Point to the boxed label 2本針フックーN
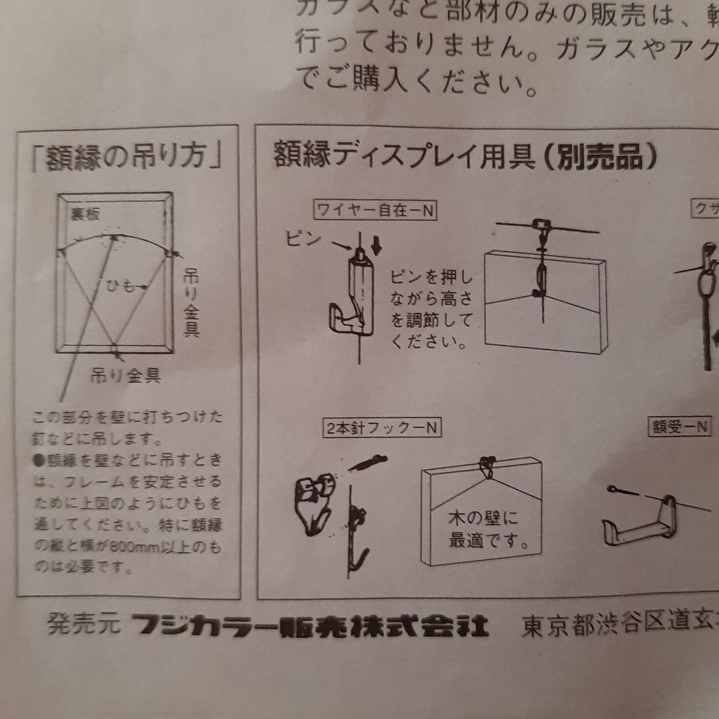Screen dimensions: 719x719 383,428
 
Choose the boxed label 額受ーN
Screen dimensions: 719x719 680,427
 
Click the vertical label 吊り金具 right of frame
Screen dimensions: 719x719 191,303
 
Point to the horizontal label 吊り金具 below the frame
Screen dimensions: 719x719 126,375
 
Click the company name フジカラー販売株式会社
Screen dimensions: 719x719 310,626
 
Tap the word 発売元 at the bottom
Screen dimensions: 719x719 83,626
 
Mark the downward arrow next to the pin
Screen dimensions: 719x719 377,246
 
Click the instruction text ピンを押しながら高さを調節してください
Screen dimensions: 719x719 430,309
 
